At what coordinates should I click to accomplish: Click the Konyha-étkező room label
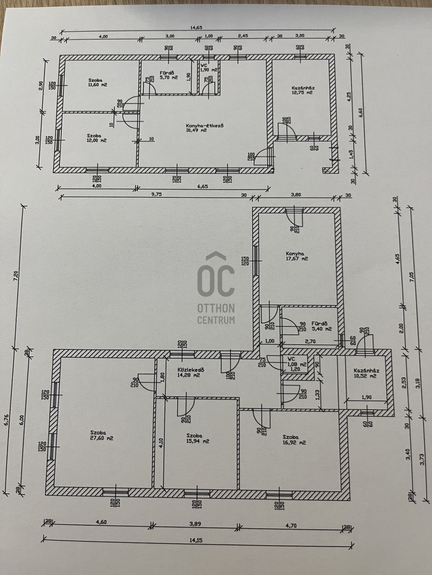[205, 126]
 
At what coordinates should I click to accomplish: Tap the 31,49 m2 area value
[196, 130]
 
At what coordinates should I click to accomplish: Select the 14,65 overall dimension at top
[196, 28]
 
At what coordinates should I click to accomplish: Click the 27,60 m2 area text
[102, 438]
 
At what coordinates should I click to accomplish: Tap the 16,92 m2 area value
[294, 443]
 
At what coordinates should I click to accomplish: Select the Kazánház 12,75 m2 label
[303, 90]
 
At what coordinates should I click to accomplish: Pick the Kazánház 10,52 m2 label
[366, 373]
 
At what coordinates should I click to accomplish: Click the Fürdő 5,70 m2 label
[169, 75]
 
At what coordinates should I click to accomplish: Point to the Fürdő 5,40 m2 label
[321, 326]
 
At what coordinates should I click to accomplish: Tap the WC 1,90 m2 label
[209, 67]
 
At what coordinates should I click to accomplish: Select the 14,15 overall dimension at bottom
[196, 540]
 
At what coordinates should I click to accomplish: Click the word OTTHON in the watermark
[216, 308]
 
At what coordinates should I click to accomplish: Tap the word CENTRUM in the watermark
[216, 320]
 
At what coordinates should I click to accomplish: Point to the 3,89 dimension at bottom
[195, 524]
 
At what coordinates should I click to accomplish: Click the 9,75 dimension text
[157, 194]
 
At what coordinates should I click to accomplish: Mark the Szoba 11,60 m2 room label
[97, 82]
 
